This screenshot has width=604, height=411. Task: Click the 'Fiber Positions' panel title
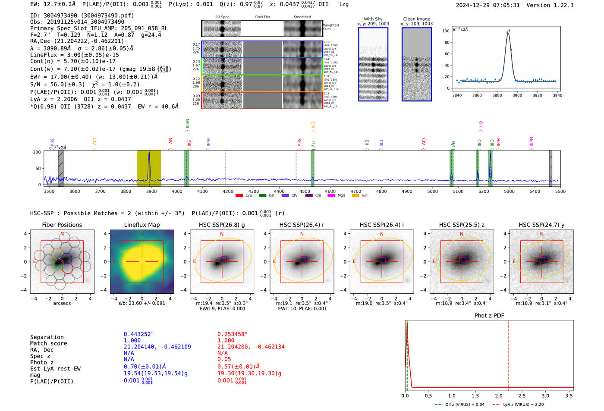[x=62, y=225]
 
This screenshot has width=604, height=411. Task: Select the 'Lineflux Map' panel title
[x=142, y=225]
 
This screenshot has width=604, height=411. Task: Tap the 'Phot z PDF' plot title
[x=489, y=315]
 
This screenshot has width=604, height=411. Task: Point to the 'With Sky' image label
[x=373, y=19]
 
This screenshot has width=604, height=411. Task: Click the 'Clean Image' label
[x=416, y=19]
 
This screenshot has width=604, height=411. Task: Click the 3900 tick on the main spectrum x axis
[x=151, y=191]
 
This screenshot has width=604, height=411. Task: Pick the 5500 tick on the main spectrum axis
[x=560, y=191]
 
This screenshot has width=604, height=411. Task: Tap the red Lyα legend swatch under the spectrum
[x=239, y=196]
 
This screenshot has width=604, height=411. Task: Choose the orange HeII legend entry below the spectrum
[x=355, y=196]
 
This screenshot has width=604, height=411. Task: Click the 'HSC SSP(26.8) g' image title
[x=222, y=225]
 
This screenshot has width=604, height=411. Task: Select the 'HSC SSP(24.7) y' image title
[x=541, y=225]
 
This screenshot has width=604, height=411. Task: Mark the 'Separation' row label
[x=47, y=337]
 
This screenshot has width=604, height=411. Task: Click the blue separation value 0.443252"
[x=138, y=334]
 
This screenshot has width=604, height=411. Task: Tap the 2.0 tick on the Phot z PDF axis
[x=498, y=395]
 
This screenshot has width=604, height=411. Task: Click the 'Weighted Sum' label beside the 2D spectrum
[x=330, y=27]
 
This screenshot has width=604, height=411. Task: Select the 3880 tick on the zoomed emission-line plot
[x=497, y=95]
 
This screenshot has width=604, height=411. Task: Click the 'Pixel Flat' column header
[x=262, y=17]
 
